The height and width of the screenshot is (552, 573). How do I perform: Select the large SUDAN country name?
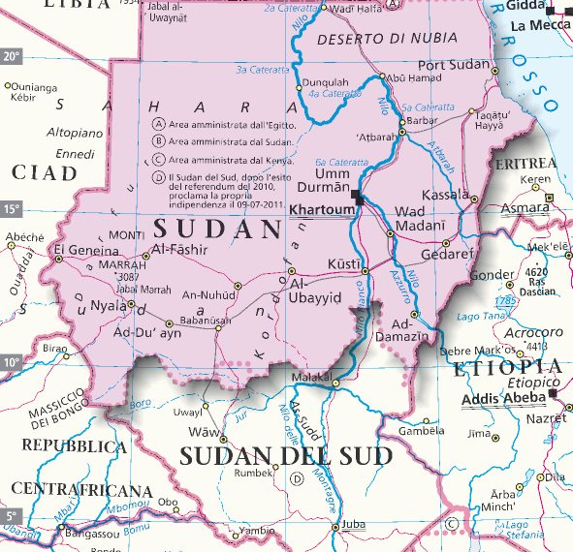coord(216,230)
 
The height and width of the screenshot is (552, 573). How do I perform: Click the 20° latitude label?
coord(11,56)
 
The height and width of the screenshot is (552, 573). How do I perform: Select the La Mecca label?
coord(542,25)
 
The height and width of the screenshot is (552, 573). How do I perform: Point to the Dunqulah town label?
coord(325,82)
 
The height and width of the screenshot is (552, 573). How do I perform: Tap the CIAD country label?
coord(44,172)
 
